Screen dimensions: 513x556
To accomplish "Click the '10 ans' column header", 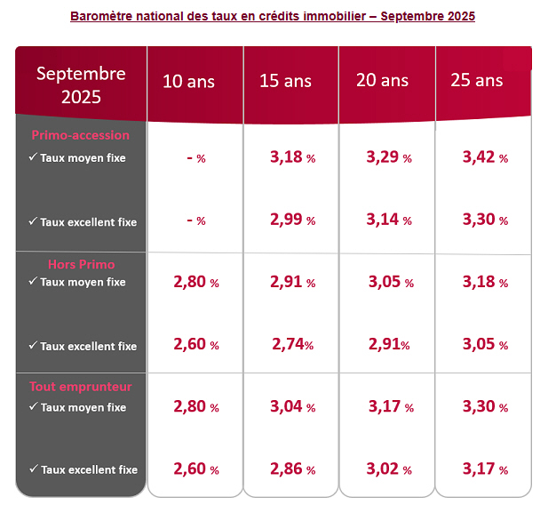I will (188, 81).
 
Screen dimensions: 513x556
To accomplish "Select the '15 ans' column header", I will (285, 81).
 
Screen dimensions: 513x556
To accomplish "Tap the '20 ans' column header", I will (382, 81).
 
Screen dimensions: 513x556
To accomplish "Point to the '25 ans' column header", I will (477, 81).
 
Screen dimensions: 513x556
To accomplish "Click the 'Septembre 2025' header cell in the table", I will (81, 84).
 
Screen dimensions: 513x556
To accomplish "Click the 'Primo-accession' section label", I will (80, 136).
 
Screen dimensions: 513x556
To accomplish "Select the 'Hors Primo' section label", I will (81, 264).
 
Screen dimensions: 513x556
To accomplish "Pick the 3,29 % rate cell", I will (388, 157).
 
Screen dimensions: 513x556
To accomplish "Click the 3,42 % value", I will (485, 157).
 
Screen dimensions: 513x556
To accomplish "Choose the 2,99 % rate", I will (292, 220).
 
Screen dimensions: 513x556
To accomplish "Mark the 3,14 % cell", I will (388, 220).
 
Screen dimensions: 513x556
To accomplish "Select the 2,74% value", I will (291, 345).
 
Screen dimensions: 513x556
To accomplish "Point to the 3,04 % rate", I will (292, 407).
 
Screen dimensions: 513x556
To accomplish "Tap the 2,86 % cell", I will (292, 469).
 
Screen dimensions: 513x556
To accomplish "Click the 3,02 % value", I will (388, 469).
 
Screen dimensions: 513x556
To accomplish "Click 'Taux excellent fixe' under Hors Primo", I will (88, 346).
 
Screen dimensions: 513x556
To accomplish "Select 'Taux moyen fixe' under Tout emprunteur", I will (83, 408).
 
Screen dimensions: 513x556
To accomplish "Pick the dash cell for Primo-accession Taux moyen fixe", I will (196, 158).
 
